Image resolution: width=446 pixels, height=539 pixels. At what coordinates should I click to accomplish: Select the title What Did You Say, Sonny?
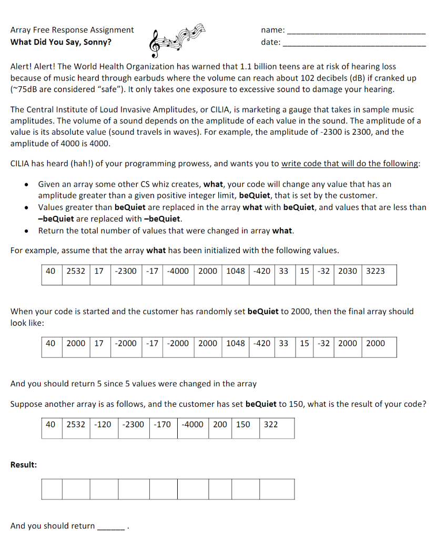[61, 42]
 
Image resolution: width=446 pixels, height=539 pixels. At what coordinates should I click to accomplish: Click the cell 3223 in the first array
[375, 271]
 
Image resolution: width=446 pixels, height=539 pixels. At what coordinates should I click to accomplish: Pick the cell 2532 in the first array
[76, 271]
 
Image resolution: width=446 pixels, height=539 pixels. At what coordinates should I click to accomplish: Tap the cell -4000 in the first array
[178, 271]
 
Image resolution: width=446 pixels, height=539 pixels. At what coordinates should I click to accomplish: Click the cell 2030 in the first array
[347, 271]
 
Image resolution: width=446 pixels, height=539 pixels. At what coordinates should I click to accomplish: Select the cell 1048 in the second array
[236, 344]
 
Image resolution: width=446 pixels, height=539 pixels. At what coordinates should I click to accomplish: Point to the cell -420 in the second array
[262, 344]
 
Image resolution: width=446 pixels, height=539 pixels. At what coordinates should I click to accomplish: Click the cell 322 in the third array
[271, 424]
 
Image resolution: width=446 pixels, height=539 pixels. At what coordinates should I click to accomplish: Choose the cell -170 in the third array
[164, 424]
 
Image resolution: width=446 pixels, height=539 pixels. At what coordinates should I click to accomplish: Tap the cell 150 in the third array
[243, 424]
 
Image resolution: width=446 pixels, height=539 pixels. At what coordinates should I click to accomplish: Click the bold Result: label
[24, 465]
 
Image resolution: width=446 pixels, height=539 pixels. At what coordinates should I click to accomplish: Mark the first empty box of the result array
[52, 489]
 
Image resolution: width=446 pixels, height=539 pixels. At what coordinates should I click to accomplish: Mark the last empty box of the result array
[277, 489]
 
